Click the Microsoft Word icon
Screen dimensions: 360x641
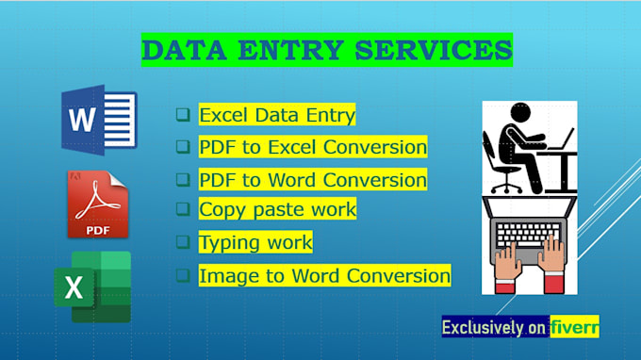coord(99,120)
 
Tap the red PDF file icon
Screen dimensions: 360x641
coord(98,205)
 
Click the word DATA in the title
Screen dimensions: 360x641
coord(185,51)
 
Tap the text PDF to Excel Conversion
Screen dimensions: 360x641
coord(313,147)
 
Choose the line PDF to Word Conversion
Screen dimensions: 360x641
coord(313,179)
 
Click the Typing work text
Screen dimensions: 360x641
coord(255,242)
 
